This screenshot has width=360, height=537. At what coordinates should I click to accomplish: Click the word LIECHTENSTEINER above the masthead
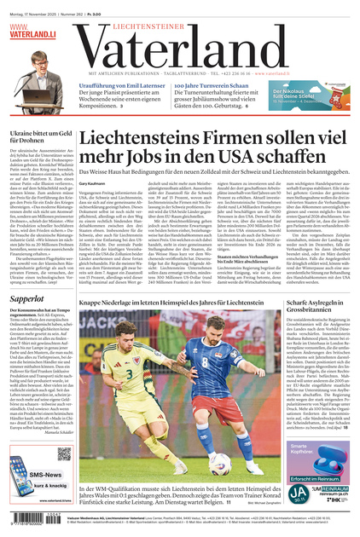pyautogui.click(x=180, y=26)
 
